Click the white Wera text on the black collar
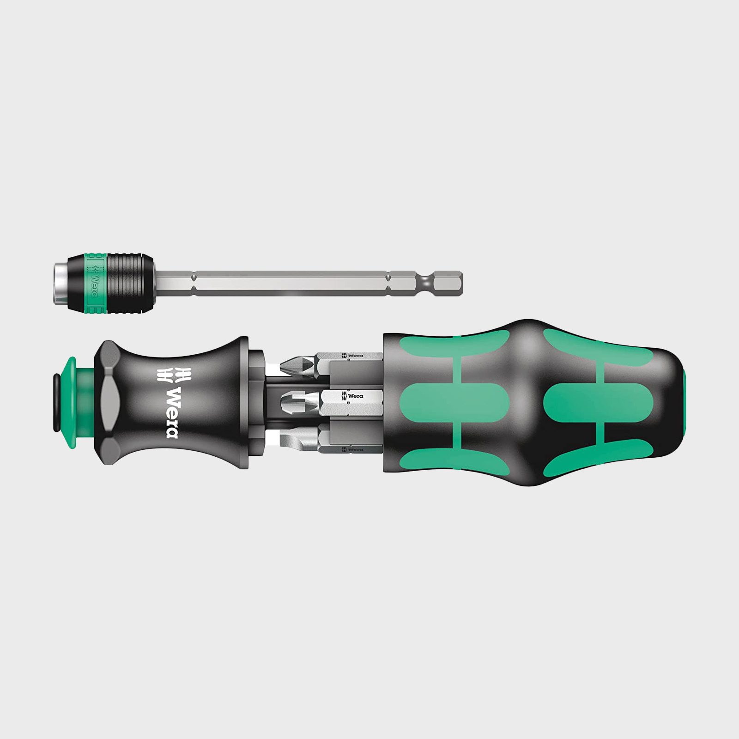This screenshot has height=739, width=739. point(171,413)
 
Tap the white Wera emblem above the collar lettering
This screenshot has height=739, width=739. point(167,375)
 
